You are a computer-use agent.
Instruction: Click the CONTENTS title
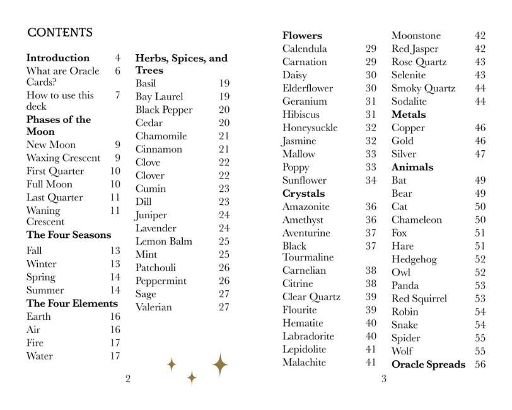pos(60,33)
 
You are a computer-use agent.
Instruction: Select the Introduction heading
pos(58,58)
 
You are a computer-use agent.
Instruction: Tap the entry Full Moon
pos(49,184)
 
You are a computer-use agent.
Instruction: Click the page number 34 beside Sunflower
pos(371,180)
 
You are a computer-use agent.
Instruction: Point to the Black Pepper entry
pos(164,110)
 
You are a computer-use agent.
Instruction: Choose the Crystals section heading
pos(304,194)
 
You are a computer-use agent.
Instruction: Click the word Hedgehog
pos(414,259)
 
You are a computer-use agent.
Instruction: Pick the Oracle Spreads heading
pos(429,365)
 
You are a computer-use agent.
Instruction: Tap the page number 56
pos(480,365)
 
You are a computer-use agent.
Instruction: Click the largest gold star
pos(220,365)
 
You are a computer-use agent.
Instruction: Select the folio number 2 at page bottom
pos(128,379)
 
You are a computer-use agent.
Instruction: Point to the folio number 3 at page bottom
pos(383,379)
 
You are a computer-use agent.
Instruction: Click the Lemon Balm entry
pos(164,242)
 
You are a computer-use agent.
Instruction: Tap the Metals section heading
pos(409,115)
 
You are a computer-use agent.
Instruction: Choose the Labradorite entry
pos(308,336)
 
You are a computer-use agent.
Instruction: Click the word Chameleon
pos(417,220)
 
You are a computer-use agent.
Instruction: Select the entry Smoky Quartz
pos(423,88)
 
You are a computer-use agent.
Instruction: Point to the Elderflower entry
pos(308,88)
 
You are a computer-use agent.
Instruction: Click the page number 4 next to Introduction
pos(117,58)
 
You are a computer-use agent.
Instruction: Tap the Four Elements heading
pos(73,303)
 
